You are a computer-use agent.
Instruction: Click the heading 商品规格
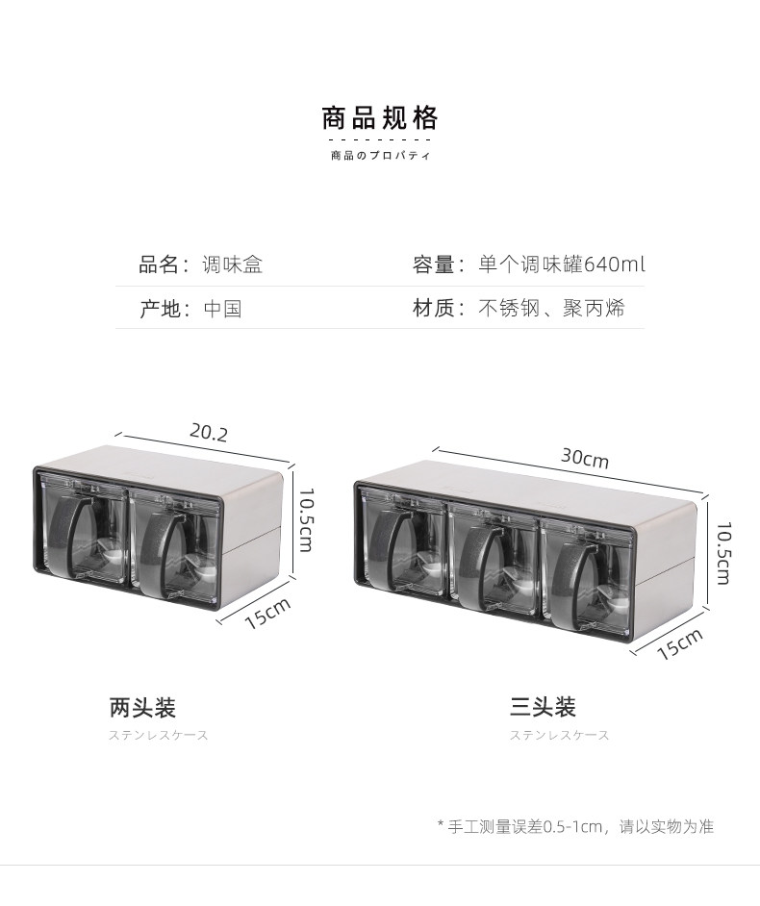pyautogui.click(x=380, y=118)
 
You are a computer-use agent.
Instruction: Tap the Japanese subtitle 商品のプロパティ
pyautogui.click(x=380, y=156)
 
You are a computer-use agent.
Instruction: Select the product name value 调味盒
pyautogui.click(x=233, y=264)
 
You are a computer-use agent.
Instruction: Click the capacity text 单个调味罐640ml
pyautogui.click(x=562, y=264)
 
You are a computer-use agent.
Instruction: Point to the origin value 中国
pyautogui.click(x=222, y=309)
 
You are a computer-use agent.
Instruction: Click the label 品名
pyautogui.click(x=159, y=264)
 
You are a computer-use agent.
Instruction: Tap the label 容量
pyautogui.click(x=433, y=264)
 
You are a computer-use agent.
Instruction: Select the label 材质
pyautogui.click(x=433, y=309)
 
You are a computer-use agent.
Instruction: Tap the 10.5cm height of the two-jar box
pyautogui.click(x=306, y=519)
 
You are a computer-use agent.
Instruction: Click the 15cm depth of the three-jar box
pyautogui.click(x=680, y=643)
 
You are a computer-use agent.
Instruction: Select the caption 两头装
pyautogui.click(x=142, y=709)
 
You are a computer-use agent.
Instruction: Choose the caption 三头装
pyautogui.click(x=543, y=709)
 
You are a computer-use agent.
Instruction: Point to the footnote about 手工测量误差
pyautogui.click(x=575, y=826)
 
